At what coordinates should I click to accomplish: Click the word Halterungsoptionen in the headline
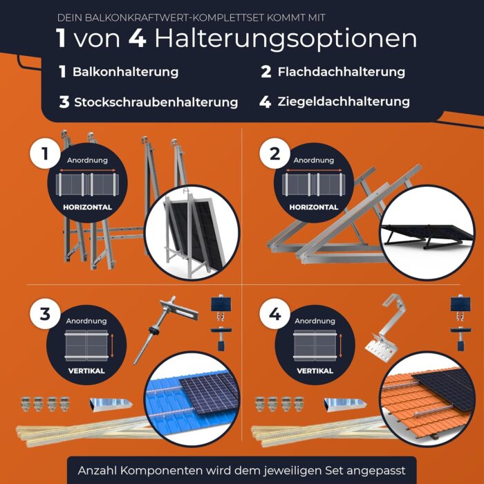click(286, 38)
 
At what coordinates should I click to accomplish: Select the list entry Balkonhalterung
click(125, 72)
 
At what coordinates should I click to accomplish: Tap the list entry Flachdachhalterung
click(342, 72)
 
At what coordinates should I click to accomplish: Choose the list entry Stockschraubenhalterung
click(156, 102)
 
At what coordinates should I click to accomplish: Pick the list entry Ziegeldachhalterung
click(344, 102)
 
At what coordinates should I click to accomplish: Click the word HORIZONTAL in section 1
click(87, 207)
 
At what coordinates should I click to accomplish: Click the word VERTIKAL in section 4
click(315, 371)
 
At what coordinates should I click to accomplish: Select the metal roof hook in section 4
click(384, 332)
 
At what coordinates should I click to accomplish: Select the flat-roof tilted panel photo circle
click(427, 232)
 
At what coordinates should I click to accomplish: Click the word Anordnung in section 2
click(314, 160)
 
